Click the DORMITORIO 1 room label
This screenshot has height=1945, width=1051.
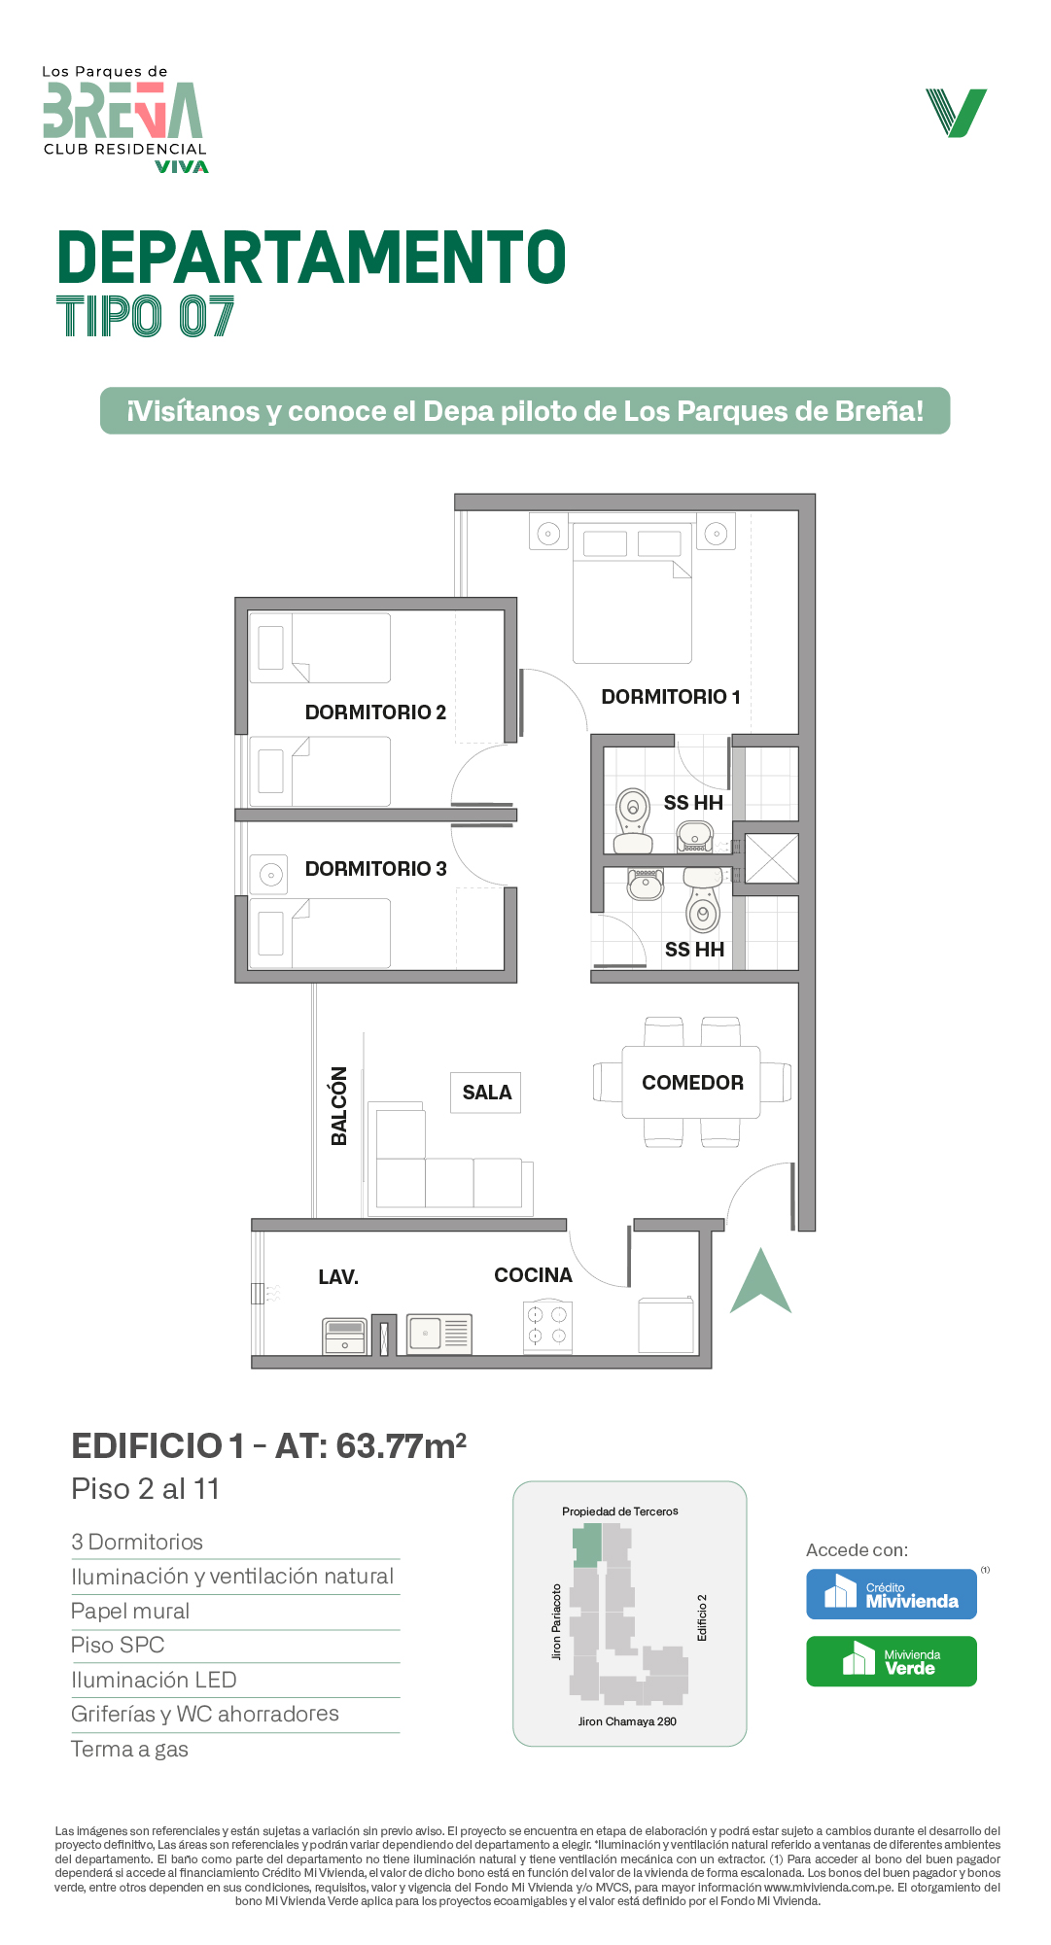pyautogui.click(x=671, y=697)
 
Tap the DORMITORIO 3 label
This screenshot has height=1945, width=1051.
pyautogui.click(x=375, y=869)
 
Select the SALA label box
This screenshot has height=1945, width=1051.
pyautogui.click(x=486, y=1093)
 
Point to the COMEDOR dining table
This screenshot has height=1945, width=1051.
pyautogui.click(x=691, y=1083)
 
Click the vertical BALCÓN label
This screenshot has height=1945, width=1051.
pyautogui.click(x=339, y=1106)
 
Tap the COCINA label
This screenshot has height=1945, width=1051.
pyautogui.click(x=533, y=1275)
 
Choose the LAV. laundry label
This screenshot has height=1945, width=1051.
pyautogui.click(x=338, y=1277)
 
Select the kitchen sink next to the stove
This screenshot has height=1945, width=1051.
pyautogui.click(x=438, y=1334)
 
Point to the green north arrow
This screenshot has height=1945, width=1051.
pyautogui.click(x=761, y=1281)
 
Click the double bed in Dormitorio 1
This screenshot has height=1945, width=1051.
pyautogui.click(x=632, y=594)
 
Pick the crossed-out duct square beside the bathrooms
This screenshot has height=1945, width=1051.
pyautogui.click(x=772, y=858)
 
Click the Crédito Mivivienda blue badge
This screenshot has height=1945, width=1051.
pyautogui.click(x=892, y=1594)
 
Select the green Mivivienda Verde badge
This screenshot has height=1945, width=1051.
pyautogui.click(x=892, y=1661)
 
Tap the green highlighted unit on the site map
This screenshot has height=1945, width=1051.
pyautogui.click(x=587, y=1545)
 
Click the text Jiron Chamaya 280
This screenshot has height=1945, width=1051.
pyautogui.click(x=627, y=1721)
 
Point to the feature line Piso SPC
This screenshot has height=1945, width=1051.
pyautogui.click(x=118, y=1645)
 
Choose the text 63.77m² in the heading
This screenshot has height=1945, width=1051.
pyautogui.click(x=402, y=1445)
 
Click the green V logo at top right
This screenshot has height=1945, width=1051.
pyautogui.click(x=957, y=113)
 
